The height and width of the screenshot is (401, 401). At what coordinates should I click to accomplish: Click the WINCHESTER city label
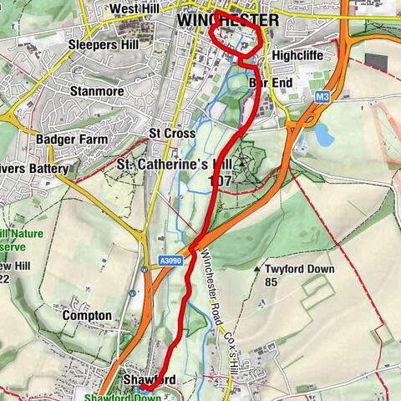pos(227,18)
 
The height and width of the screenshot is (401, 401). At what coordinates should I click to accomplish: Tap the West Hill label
pos(135,9)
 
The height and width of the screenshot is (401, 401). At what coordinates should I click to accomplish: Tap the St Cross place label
pos(171,134)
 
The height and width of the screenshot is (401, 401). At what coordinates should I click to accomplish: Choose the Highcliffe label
pos(297,55)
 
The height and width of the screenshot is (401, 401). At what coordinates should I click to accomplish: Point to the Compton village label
pos(86,316)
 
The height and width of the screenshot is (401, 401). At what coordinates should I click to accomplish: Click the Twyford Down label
pos(299,270)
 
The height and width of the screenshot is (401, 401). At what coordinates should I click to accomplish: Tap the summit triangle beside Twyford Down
pos(256,270)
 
